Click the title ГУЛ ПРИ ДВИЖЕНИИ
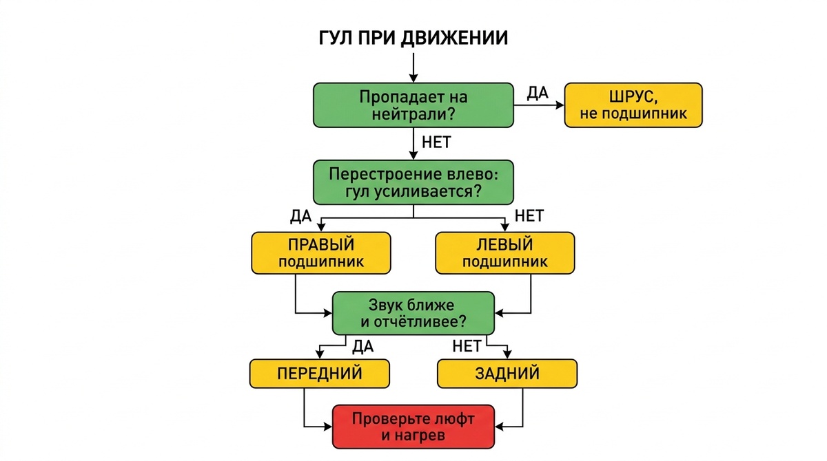[413, 38]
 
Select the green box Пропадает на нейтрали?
[413, 105]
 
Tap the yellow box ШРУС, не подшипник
[633, 105]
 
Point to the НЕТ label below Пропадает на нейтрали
[436, 143]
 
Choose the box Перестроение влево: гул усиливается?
[413, 182]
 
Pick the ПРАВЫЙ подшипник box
[320, 253]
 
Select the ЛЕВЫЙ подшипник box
[505, 253]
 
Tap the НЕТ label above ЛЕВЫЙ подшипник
[529, 216]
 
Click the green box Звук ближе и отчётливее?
[413, 313]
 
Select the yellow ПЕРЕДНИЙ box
[320, 374]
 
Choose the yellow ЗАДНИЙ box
[507, 374]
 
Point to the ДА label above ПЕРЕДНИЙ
[363, 346]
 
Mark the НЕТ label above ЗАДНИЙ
[467, 346]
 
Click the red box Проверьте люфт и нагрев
[413, 427]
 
